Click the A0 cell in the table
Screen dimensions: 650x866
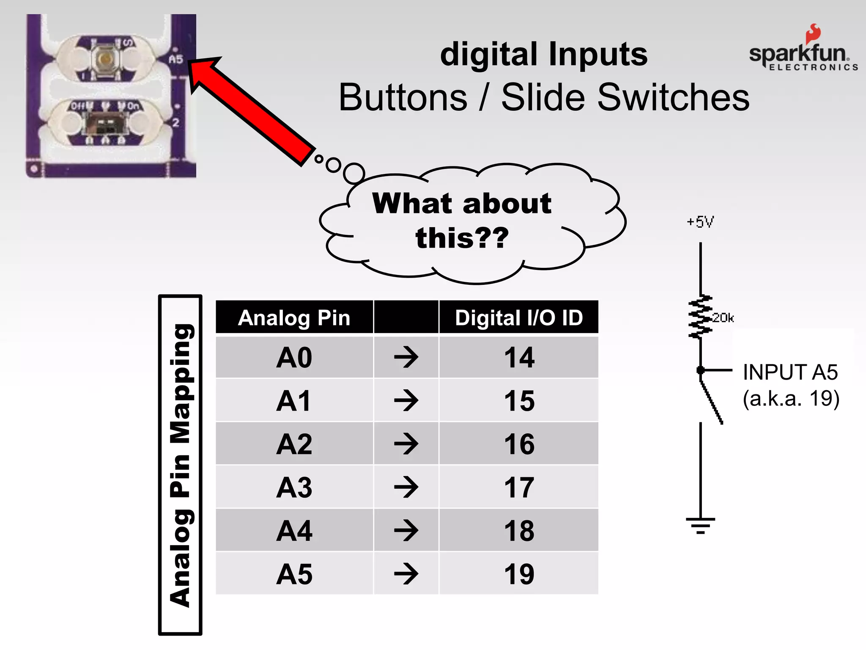[294, 358]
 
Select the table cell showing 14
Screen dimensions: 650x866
[519, 358]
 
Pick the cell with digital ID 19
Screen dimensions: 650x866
[519, 574]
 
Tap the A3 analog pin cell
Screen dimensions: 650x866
[294, 487]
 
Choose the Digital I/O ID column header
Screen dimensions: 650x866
[519, 318]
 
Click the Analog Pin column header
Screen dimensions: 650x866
[294, 318]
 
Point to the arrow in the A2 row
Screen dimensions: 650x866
[406, 444]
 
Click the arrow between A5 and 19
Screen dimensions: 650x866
[406, 574]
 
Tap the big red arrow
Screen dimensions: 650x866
[249, 110]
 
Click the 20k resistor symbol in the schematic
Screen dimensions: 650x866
[701, 317]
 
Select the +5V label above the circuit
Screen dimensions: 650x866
[700, 222]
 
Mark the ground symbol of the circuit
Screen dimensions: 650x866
[701, 525]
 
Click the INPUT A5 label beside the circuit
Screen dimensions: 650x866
[790, 372]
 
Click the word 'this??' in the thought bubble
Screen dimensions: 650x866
[462, 238]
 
